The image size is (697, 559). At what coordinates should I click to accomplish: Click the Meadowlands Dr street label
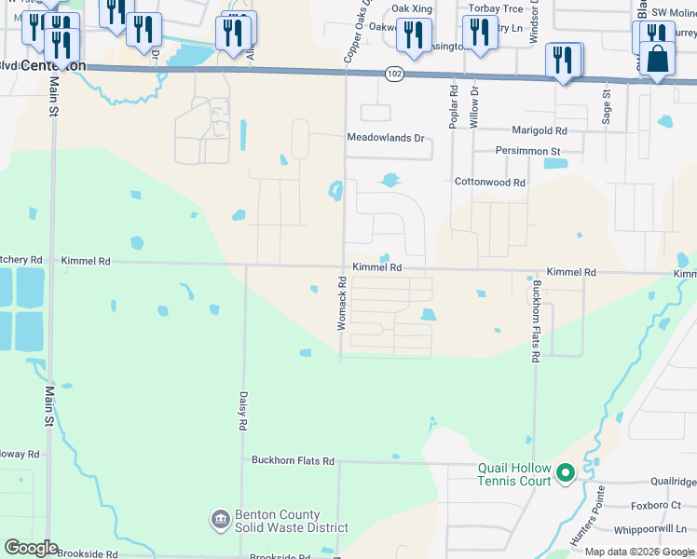point(385,138)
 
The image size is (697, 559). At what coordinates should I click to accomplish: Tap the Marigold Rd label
point(539,131)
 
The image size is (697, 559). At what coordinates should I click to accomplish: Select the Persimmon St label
point(527,151)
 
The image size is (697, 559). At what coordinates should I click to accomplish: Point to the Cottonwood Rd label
point(489,183)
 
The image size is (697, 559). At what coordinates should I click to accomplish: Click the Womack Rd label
point(342,308)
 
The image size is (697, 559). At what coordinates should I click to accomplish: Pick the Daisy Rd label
point(242,410)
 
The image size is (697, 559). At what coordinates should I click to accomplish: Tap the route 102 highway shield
point(394,73)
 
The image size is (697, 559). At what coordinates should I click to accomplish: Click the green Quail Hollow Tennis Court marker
point(565,475)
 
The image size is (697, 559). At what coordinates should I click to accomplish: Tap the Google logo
point(31,548)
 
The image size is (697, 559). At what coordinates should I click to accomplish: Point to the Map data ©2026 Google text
point(639,552)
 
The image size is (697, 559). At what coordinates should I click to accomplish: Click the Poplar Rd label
point(454,107)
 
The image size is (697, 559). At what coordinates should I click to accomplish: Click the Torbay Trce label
point(496,8)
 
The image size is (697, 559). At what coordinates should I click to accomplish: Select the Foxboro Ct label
point(656,506)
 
